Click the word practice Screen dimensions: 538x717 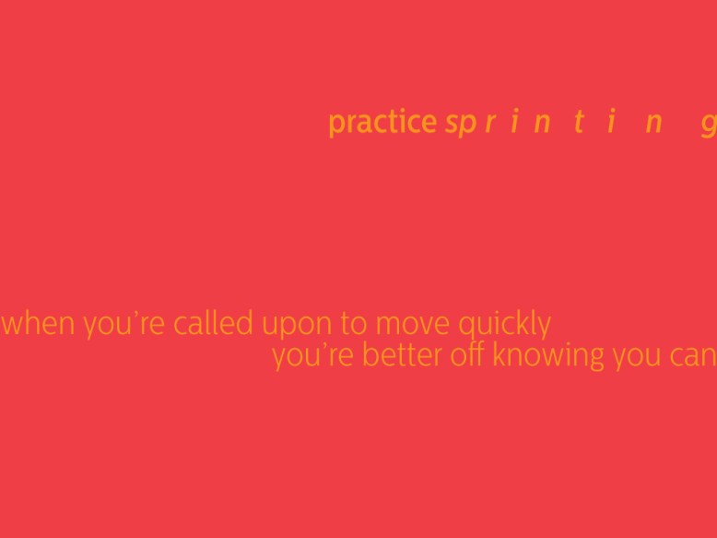pyautogui.click(x=382, y=123)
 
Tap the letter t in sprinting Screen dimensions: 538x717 pyautogui.click(x=578, y=123)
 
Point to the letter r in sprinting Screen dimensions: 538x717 pyautogui.click(x=488, y=124)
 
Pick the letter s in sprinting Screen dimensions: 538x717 pyautogui.click(x=451, y=124)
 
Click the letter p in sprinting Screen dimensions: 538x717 pyautogui.click(x=465, y=126)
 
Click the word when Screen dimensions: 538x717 pyautogui.click(x=39, y=325)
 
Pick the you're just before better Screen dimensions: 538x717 pyautogui.click(x=313, y=356)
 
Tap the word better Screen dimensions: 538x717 pyautogui.click(x=403, y=355)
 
